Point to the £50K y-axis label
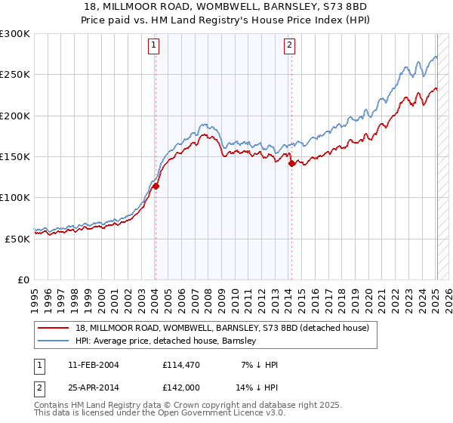(x=17, y=238)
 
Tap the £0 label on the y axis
(x=23, y=279)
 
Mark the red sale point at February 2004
(x=156, y=186)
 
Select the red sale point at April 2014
(x=291, y=163)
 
